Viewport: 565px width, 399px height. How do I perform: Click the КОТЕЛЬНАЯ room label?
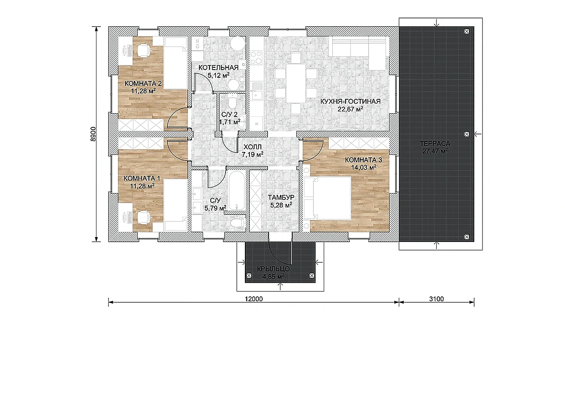[x=218, y=67]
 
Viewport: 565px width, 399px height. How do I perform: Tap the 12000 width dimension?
[x=254, y=299]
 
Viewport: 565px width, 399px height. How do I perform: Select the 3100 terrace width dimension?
[x=436, y=299]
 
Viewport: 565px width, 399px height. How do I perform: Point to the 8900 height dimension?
[x=93, y=134]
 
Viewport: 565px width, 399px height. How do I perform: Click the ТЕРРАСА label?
[x=435, y=144]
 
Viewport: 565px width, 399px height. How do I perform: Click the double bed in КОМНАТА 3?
[x=327, y=198]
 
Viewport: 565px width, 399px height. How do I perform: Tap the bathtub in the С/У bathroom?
[x=237, y=190]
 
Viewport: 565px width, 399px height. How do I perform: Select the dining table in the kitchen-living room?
[x=295, y=83]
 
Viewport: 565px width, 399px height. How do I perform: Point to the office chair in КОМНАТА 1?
[x=144, y=217]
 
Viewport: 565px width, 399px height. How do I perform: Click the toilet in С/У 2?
[x=232, y=101]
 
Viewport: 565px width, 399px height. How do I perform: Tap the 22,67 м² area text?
[x=350, y=109]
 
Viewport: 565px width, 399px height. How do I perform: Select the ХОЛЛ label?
[x=253, y=147]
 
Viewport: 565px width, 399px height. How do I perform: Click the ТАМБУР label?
[x=281, y=198]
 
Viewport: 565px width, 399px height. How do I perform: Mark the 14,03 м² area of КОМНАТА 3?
[x=363, y=167]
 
